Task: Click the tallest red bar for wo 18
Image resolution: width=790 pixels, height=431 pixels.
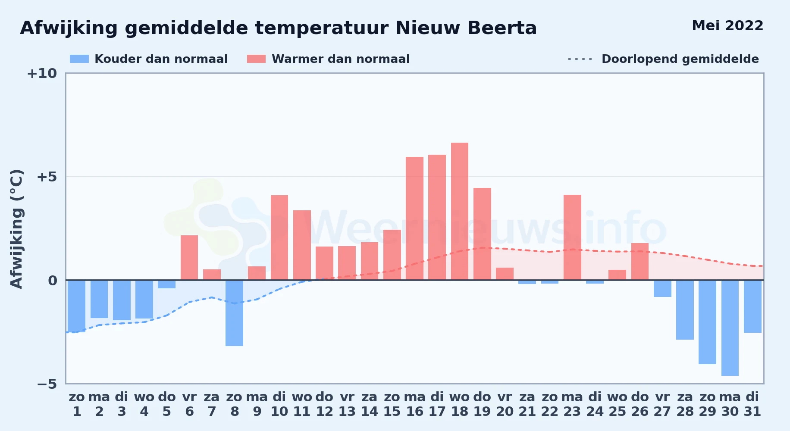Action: [460, 211]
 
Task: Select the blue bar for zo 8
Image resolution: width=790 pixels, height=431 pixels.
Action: [234, 313]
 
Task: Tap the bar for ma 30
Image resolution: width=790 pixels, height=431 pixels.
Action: [730, 328]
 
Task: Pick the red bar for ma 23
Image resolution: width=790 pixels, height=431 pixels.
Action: [572, 237]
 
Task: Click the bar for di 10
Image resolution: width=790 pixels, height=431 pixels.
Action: [279, 237]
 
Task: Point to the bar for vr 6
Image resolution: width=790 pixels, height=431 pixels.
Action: [189, 258]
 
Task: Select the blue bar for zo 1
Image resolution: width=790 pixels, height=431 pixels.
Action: [77, 306]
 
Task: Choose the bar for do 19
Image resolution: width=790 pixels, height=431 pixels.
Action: [482, 234]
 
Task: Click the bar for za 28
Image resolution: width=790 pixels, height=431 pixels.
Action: [685, 310]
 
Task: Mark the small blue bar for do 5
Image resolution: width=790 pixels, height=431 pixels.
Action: [166, 284]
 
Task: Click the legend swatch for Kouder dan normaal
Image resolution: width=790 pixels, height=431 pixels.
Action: [79, 59]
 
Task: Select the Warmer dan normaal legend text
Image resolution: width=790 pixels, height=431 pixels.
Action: [341, 59]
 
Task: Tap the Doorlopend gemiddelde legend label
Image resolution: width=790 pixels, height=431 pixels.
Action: [680, 59]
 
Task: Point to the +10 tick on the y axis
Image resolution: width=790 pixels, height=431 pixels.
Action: [42, 73]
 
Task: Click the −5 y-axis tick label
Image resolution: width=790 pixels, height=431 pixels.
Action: [47, 384]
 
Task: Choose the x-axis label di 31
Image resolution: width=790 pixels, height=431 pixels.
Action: [752, 404]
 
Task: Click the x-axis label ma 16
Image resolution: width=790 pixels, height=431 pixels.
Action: [415, 404]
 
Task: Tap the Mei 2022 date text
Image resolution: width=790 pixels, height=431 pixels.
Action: [727, 26]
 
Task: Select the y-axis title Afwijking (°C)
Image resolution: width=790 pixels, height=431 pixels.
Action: [16, 229]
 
